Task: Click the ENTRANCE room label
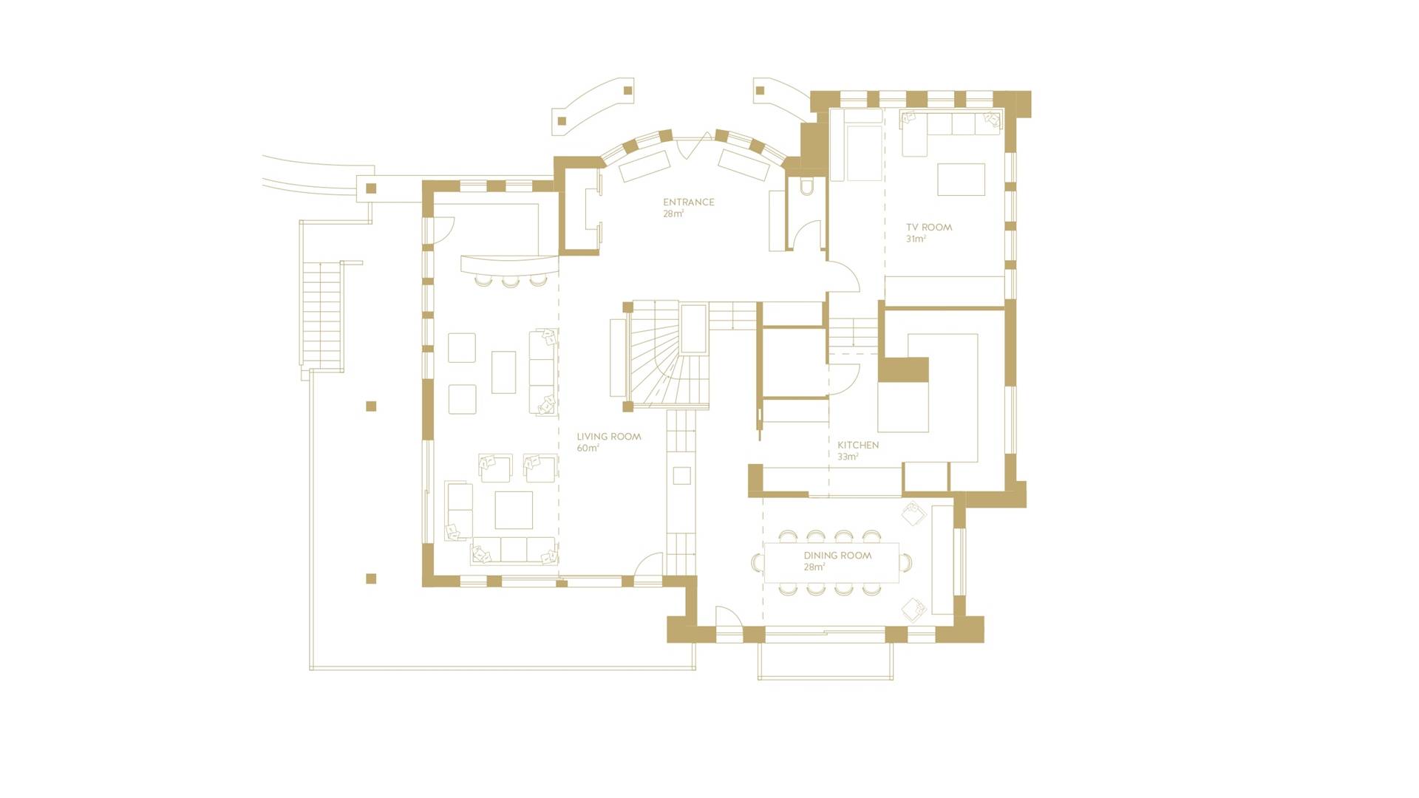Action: tap(688, 202)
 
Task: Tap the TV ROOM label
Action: tap(929, 227)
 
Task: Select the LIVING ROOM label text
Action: tap(608, 436)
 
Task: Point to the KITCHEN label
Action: tap(858, 445)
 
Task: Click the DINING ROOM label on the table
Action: tap(837, 555)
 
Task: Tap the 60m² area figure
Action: tap(588, 448)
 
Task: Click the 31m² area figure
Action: tap(916, 239)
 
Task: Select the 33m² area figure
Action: tap(848, 457)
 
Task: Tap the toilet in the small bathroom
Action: tap(808, 185)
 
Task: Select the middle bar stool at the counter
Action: tap(510, 280)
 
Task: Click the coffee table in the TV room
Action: tap(961, 180)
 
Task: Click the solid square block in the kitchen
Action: tap(903, 369)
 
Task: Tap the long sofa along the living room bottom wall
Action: tap(514, 550)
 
